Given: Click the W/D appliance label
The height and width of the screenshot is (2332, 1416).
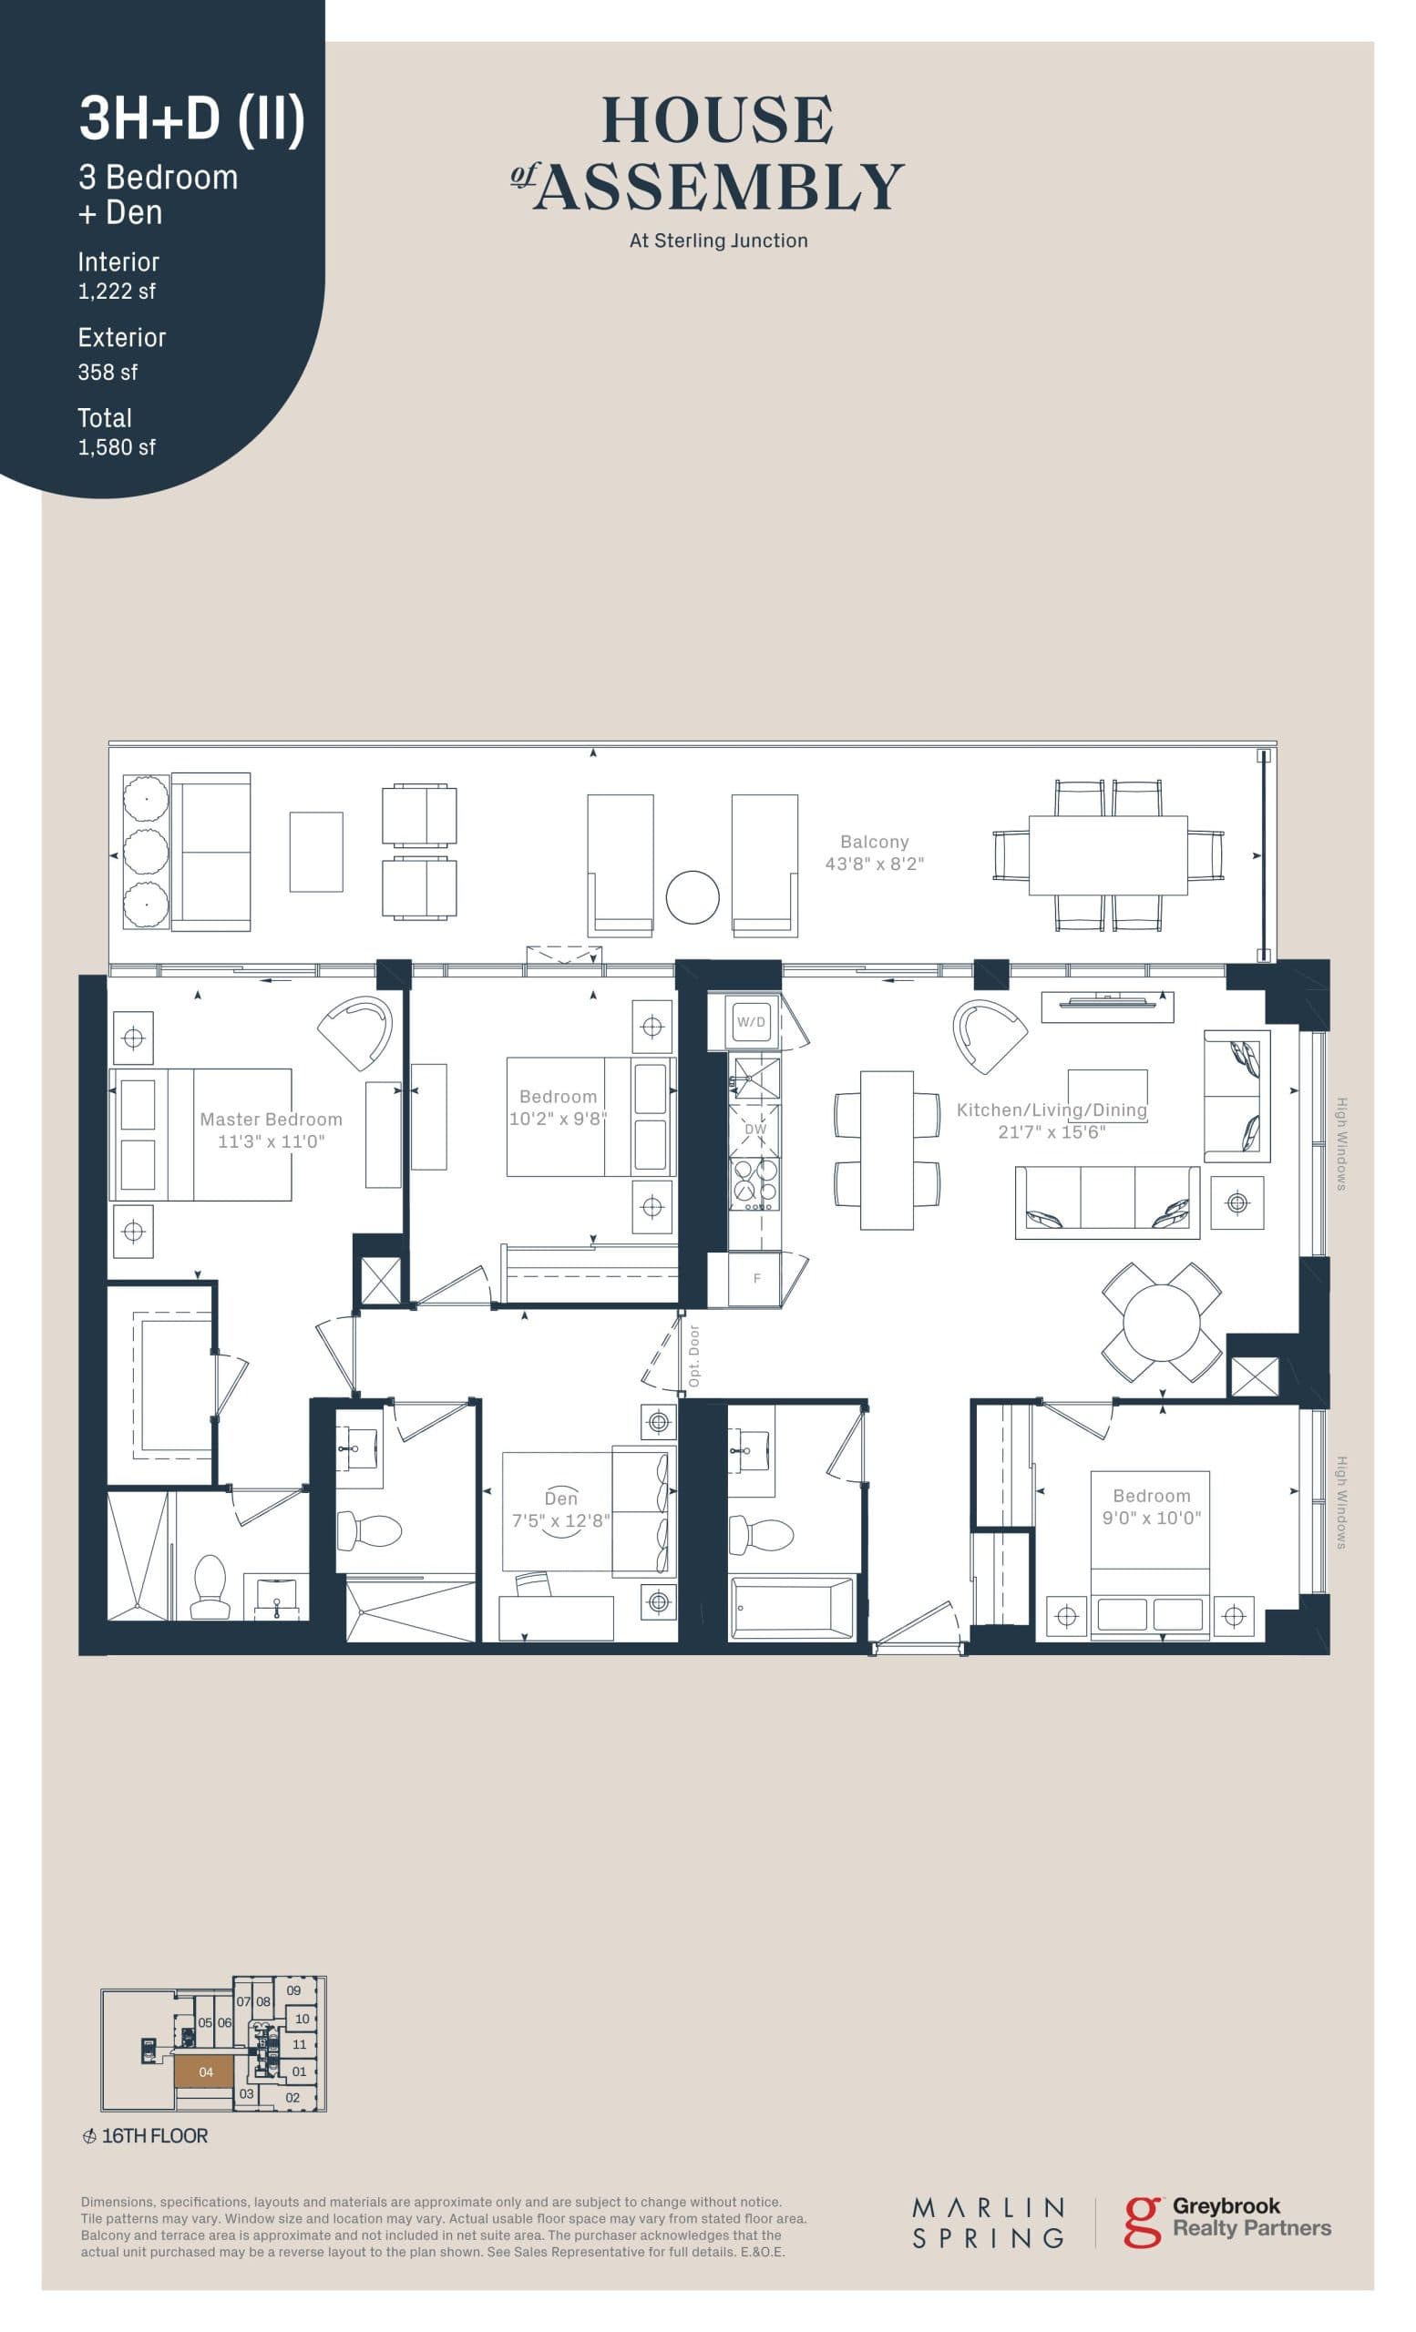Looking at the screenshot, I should click(751, 1022).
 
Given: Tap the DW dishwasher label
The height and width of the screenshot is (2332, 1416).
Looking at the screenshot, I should click(755, 1129).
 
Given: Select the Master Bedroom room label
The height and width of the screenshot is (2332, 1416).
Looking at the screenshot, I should click(271, 1120).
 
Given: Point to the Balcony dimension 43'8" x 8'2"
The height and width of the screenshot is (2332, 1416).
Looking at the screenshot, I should click(874, 864).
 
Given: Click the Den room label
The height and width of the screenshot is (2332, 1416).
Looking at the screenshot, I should click(560, 1498).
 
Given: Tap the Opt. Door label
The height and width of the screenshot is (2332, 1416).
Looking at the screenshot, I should click(693, 1355).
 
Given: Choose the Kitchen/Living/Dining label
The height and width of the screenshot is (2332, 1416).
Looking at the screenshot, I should click(1051, 1110).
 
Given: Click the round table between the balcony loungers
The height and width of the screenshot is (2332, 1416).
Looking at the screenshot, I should click(692, 896).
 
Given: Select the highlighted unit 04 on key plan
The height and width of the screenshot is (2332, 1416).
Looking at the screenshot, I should click(205, 2071).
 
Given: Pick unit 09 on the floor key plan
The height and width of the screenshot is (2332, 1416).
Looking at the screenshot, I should click(293, 1990).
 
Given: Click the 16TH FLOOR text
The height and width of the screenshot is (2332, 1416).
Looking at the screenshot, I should click(154, 2136).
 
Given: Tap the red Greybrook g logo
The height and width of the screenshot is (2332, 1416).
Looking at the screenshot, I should click(1142, 2221).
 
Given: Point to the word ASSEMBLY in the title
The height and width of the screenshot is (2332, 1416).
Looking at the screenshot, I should click(719, 187).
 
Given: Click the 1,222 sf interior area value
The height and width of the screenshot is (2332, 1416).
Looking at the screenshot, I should click(117, 291).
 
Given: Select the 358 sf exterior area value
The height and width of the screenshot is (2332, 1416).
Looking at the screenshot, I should click(107, 372).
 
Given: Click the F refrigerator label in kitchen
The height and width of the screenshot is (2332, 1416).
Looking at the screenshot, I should click(756, 1278).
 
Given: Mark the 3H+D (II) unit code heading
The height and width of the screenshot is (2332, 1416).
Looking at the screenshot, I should click(191, 119).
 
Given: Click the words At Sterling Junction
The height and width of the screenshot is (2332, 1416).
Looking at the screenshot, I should click(718, 240).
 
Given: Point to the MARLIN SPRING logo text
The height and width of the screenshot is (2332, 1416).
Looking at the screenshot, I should click(987, 2224).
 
